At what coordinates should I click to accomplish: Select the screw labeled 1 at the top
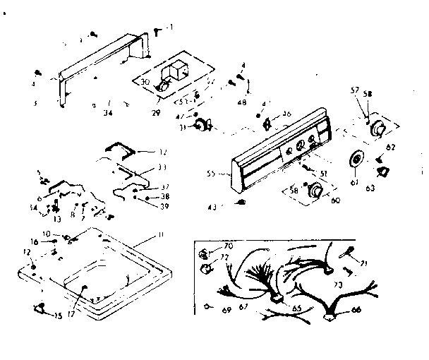156,28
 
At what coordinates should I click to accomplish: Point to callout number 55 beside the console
211,172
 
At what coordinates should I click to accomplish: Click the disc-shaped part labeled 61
356,161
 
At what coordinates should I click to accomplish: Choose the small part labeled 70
203,253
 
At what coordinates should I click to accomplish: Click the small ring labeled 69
205,307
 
